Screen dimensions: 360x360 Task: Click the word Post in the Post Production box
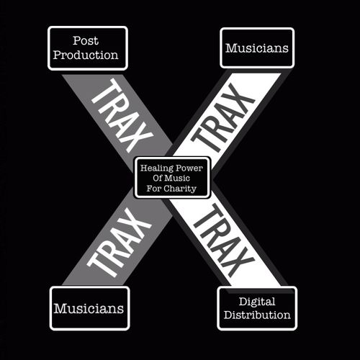tap(86, 40)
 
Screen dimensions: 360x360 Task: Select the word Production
tap(86, 55)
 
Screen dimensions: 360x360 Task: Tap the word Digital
tap(257, 302)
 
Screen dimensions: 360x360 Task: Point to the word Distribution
tap(257, 315)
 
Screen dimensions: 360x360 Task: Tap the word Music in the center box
tap(177, 178)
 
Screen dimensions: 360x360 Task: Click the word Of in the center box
tap(158, 178)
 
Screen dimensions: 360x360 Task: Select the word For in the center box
tap(153, 189)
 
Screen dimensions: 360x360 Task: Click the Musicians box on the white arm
tap(257, 48)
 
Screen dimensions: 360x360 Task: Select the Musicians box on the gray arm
tap(89, 308)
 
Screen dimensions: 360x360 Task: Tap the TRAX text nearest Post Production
tap(122, 116)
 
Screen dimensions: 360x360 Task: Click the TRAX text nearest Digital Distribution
tap(224, 240)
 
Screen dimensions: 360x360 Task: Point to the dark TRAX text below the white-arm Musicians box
tap(222, 118)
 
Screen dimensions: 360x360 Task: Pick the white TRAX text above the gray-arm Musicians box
tap(119, 243)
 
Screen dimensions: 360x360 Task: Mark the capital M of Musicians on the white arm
tap(232, 48)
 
